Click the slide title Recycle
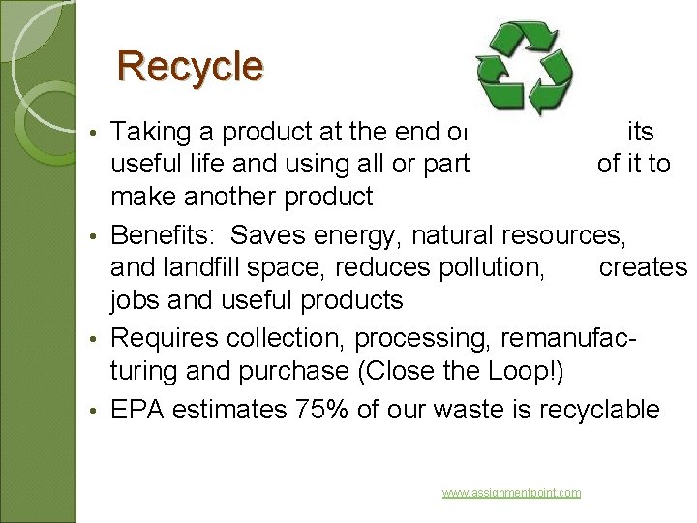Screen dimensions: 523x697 tap(190, 67)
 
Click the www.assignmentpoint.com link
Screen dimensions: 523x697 tap(511, 493)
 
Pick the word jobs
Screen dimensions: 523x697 tap(136, 301)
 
